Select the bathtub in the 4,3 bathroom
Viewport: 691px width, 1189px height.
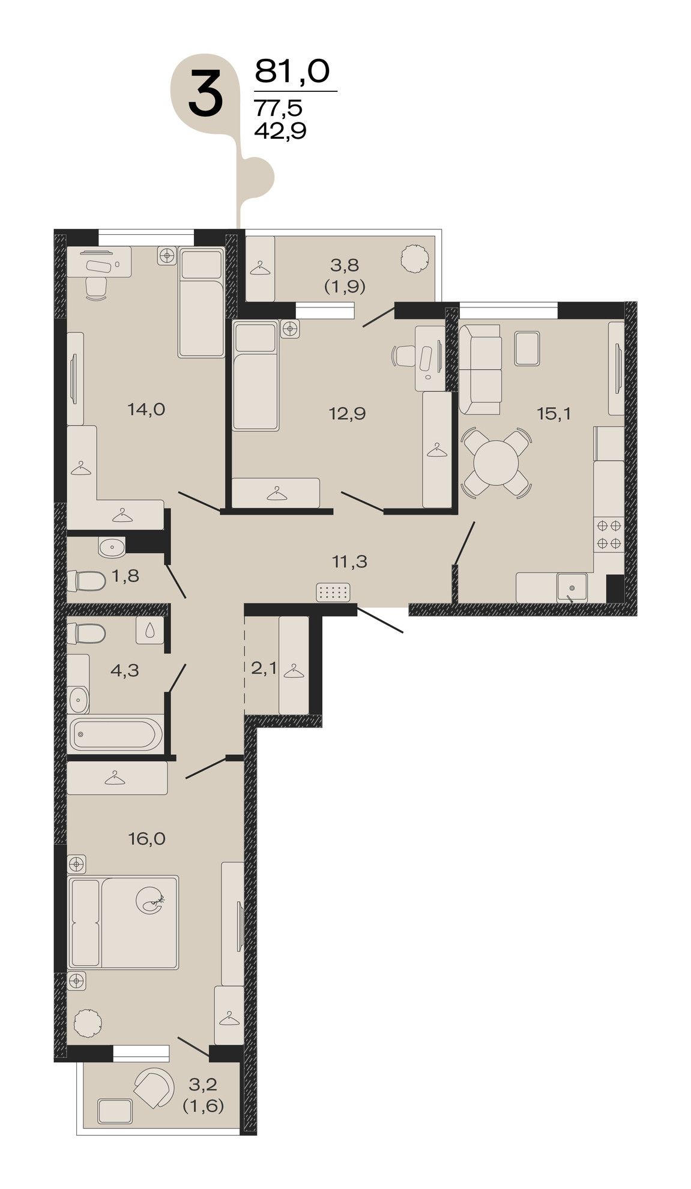tap(115, 733)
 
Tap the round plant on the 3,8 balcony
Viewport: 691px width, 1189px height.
tap(415, 258)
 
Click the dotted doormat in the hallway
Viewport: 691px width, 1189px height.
tap(334, 593)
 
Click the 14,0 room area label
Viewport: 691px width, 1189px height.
tap(146, 410)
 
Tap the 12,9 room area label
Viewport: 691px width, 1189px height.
tap(347, 413)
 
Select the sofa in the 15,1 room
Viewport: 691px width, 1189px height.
tap(480, 369)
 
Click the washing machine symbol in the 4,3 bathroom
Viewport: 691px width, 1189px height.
tap(149, 630)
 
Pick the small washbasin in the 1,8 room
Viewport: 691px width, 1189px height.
tap(110, 547)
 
